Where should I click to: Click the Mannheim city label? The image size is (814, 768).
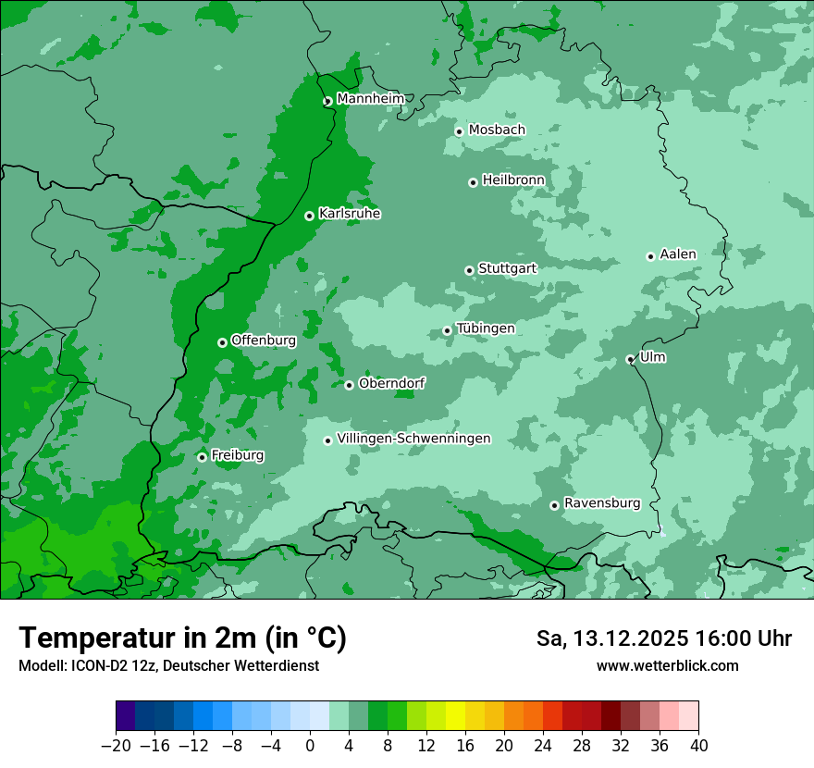point(370,99)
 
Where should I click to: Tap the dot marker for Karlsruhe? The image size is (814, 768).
point(310,217)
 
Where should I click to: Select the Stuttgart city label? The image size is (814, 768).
point(507,268)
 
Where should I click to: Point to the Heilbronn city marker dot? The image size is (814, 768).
point(473,183)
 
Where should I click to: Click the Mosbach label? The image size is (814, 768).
point(497,130)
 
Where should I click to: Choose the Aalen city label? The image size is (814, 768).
point(678,254)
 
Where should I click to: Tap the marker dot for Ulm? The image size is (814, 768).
point(631,360)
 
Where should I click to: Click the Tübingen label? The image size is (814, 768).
point(486,328)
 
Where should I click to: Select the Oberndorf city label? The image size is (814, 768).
point(392,383)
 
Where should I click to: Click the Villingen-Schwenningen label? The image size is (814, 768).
point(414,439)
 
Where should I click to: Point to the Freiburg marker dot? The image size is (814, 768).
point(202,457)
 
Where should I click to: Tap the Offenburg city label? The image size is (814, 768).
point(264,341)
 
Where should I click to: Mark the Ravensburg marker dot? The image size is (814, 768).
point(555,505)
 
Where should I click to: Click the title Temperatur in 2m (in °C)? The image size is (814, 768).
point(182,638)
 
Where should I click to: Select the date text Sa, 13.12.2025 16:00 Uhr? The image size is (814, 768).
point(663,638)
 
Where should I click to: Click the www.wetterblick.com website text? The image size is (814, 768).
point(667,666)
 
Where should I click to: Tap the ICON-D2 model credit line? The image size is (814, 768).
point(168,666)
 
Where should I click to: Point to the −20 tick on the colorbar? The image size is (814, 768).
point(117,746)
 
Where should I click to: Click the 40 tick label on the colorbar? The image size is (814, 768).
point(698,746)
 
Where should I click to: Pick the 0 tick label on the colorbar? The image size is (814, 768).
point(310,746)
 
